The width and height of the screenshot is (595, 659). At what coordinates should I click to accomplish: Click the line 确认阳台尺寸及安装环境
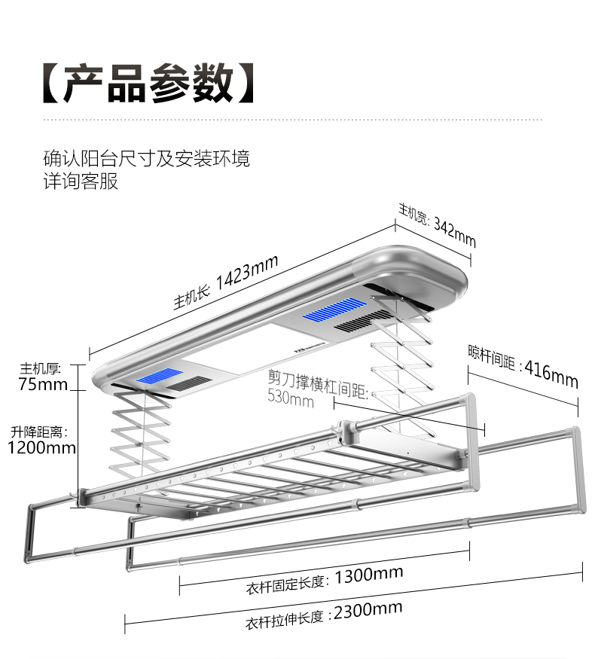tap(147, 158)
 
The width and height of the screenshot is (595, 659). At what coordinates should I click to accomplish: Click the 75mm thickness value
tap(44, 385)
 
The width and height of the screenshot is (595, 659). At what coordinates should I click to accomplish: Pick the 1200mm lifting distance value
tap(42, 448)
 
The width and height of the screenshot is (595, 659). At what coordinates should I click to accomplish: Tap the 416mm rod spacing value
tap(551, 373)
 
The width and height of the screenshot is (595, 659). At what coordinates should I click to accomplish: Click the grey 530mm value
tap(290, 398)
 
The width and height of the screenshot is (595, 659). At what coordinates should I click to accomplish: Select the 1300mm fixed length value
tap(368, 576)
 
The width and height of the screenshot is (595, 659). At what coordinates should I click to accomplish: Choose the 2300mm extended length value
tap(368, 611)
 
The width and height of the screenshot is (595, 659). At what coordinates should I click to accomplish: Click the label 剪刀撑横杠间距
tap(317, 382)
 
